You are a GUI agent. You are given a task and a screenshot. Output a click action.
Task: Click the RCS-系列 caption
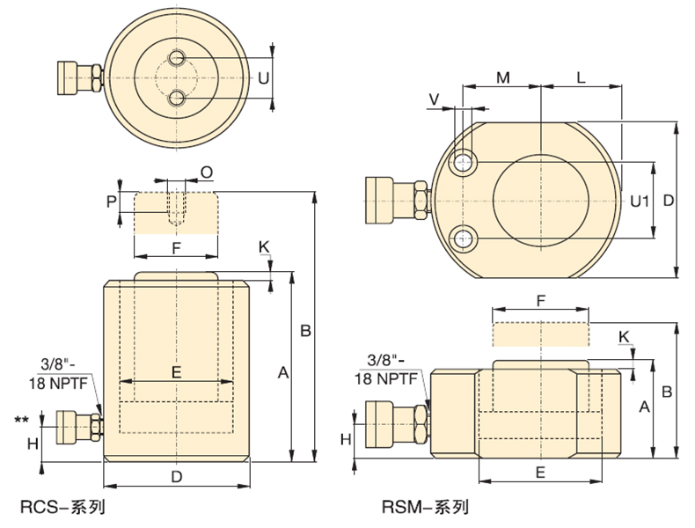tap(63, 507)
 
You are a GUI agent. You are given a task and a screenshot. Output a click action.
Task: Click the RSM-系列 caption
tap(425, 507)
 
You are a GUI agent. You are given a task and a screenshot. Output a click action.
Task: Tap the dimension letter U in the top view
tap(263, 78)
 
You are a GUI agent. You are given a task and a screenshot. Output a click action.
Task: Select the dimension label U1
tap(640, 202)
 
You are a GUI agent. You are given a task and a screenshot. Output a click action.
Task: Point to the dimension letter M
tap(502, 77)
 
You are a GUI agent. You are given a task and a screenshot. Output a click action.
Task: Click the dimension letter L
tap(581, 77)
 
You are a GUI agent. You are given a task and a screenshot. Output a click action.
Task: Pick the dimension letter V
tap(435, 99)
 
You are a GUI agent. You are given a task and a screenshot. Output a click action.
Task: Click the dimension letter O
tap(207, 172)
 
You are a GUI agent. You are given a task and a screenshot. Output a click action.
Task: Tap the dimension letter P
tap(111, 202)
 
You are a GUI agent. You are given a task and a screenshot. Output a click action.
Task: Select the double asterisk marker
tap(22, 420)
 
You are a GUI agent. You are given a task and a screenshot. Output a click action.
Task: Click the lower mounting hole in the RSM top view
tap(463, 239)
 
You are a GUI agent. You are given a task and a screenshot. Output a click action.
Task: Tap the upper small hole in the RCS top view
tap(178, 57)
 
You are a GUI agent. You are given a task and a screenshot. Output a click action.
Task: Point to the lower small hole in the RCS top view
tap(178, 98)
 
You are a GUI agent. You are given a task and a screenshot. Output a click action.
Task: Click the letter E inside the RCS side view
tap(177, 372)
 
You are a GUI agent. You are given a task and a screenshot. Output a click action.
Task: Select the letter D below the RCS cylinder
tap(177, 477)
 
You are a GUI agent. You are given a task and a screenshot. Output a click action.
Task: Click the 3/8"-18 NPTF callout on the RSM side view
tap(386, 370)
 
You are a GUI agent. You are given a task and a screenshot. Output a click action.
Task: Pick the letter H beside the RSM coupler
tap(346, 439)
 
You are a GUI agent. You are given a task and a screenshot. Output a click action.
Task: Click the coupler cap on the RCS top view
tap(67, 78)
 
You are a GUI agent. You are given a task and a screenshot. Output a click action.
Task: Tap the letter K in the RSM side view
tap(624, 337)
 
